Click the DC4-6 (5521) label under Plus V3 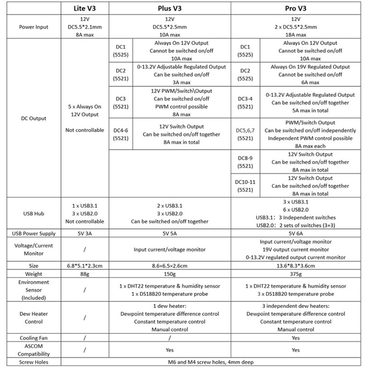point(121,133)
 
